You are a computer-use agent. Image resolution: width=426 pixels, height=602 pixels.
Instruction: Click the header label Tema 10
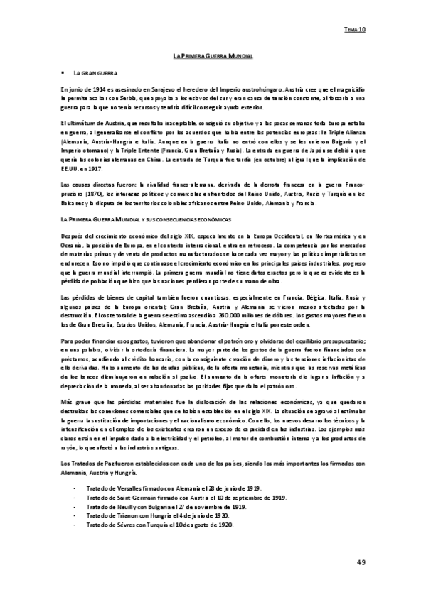tap(355, 31)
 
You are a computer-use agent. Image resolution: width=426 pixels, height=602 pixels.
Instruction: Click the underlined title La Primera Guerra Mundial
tap(213, 55)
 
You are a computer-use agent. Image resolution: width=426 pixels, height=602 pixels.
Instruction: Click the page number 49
tap(361, 562)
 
